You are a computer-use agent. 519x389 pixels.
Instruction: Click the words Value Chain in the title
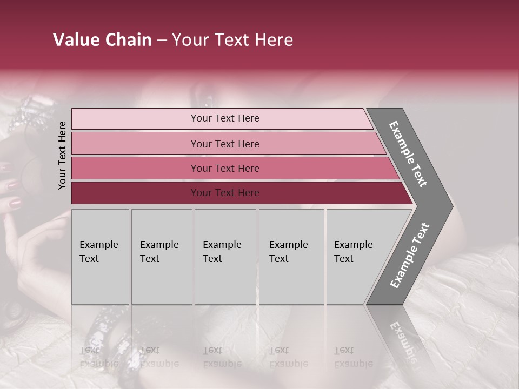(102, 40)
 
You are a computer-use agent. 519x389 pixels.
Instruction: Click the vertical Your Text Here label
(62, 155)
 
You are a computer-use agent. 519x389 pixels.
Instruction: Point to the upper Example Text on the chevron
(408, 154)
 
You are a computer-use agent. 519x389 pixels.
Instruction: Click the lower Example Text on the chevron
(410, 256)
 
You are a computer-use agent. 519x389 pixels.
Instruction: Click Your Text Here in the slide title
(232, 40)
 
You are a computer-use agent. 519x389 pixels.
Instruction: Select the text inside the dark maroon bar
(225, 193)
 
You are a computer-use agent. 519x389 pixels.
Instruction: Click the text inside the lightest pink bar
(225, 118)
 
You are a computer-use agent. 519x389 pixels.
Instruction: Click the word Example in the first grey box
(98, 245)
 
